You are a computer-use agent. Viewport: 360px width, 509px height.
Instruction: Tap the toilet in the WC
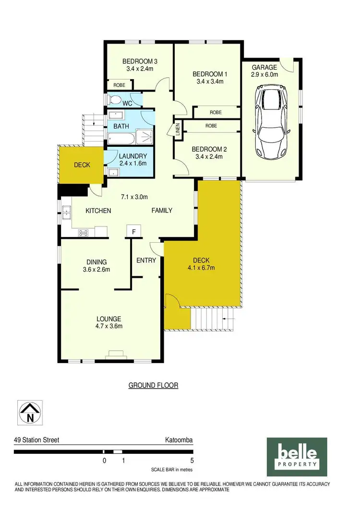click(114, 100)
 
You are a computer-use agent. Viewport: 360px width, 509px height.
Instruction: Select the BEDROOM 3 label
click(140, 61)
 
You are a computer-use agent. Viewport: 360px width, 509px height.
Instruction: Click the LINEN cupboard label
click(177, 130)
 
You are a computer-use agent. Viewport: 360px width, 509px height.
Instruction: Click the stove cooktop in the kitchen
click(84, 233)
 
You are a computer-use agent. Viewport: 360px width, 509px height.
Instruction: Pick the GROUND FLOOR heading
click(153, 385)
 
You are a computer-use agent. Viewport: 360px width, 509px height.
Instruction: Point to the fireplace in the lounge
click(115, 355)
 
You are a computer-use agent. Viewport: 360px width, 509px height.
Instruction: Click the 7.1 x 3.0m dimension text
click(133, 197)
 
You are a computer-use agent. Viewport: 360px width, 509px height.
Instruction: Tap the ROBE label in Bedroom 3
click(119, 85)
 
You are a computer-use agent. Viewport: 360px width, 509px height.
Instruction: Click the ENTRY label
click(146, 260)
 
